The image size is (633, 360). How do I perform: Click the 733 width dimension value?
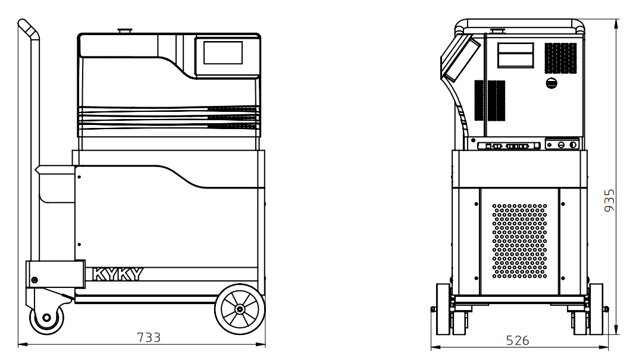tap(149, 337)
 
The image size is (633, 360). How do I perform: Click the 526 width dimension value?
tap(517, 340)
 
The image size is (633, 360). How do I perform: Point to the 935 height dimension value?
tap(609, 200)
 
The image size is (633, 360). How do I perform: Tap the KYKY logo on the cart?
tap(118, 274)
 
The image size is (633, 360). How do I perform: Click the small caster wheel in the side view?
tap(47, 317)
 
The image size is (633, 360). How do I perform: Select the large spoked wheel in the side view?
tap(240, 309)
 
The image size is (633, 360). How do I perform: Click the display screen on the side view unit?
tap(223, 52)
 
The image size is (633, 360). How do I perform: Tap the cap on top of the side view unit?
tap(125, 31)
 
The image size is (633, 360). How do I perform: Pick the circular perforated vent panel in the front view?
tap(519, 241)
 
